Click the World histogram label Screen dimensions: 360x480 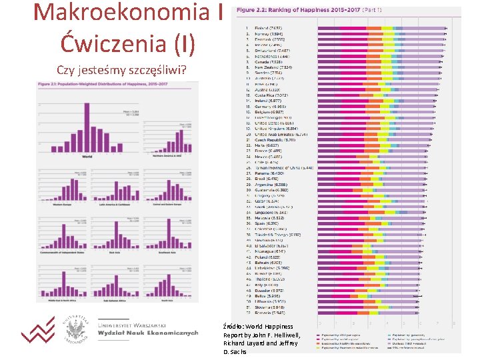click(86, 157)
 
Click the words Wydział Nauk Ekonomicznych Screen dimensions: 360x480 click(148, 333)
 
